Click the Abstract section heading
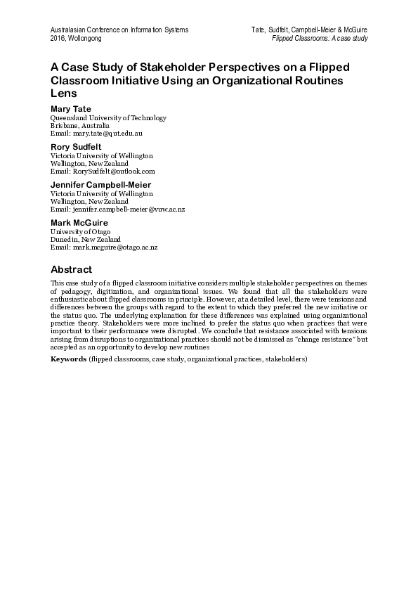coord(72,269)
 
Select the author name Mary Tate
coord(71,109)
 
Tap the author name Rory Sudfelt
coord(76,147)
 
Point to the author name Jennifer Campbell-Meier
coord(101,185)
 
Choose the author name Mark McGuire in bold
coord(79,223)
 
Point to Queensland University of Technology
coord(108,117)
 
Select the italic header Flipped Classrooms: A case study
coord(320,38)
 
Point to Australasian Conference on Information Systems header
coord(119,30)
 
